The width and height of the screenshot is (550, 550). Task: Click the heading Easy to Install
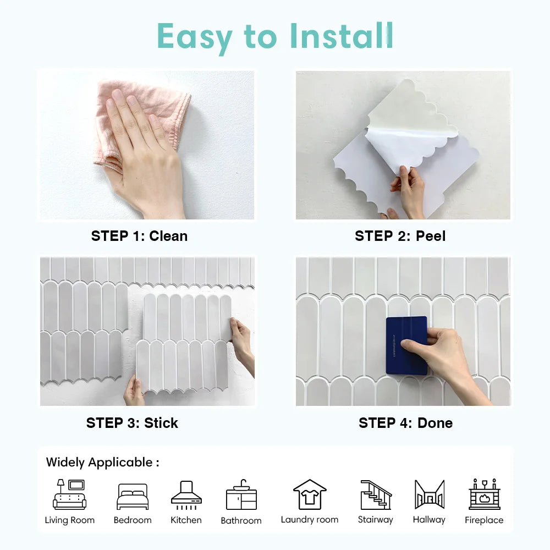(x=275, y=36)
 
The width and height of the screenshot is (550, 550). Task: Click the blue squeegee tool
(x=406, y=345)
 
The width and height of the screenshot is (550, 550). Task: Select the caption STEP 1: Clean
(x=139, y=236)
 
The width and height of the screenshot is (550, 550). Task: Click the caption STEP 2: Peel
(x=400, y=236)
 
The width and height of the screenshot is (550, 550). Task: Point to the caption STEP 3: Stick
(x=132, y=423)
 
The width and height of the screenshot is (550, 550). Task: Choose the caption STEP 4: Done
(x=405, y=423)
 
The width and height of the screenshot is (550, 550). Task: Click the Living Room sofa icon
(x=70, y=494)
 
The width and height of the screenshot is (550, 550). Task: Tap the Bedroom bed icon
(x=132, y=496)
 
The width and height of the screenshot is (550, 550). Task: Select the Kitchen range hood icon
(x=186, y=494)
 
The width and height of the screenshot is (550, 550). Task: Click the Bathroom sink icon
(x=241, y=494)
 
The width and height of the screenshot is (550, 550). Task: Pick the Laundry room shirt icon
(x=310, y=494)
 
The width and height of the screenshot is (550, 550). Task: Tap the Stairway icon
(x=376, y=494)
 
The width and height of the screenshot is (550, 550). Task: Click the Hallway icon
(x=429, y=494)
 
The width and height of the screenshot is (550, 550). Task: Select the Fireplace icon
(x=484, y=494)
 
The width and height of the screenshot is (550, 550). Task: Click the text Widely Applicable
(x=102, y=462)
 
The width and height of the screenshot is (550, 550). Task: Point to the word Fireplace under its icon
(x=484, y=520)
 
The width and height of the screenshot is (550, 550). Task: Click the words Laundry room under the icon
(x=310, y=519)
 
